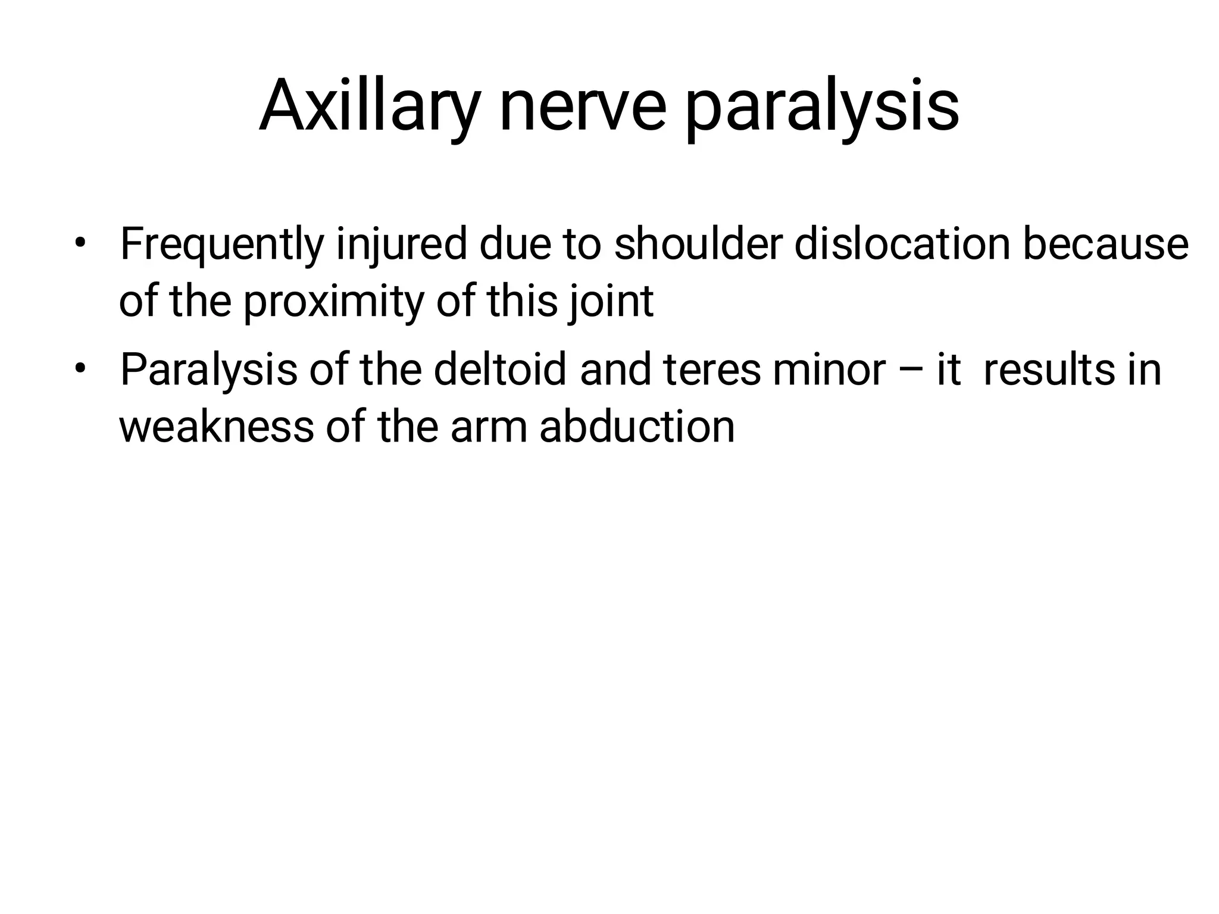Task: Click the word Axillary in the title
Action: [x=369, y=107]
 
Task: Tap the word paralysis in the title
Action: [x=821, y=107]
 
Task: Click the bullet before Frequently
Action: [x=81, y=244]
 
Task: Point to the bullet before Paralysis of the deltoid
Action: [x=81, y=370]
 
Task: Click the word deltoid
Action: [x=500, y=370]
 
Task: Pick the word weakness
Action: [x=216, y=427]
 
